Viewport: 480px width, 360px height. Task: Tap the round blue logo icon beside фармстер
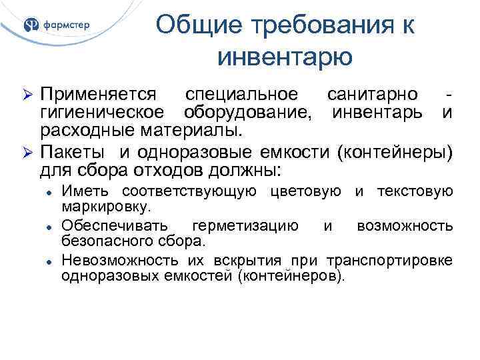[31, 25]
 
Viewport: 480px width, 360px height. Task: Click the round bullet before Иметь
[49, 193]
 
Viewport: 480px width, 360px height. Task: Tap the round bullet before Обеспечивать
[49, 226]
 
